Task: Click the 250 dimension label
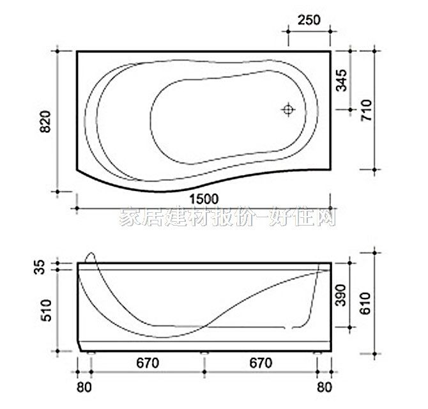[x=309, y=20]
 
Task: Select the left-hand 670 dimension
[x=147, y=363]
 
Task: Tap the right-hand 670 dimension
[x=261, y=363]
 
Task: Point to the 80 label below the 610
[x=325, y=387]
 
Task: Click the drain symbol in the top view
[x=288, y=110]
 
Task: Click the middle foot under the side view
[x=204, y=351]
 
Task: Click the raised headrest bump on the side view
[x=89, y=258]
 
